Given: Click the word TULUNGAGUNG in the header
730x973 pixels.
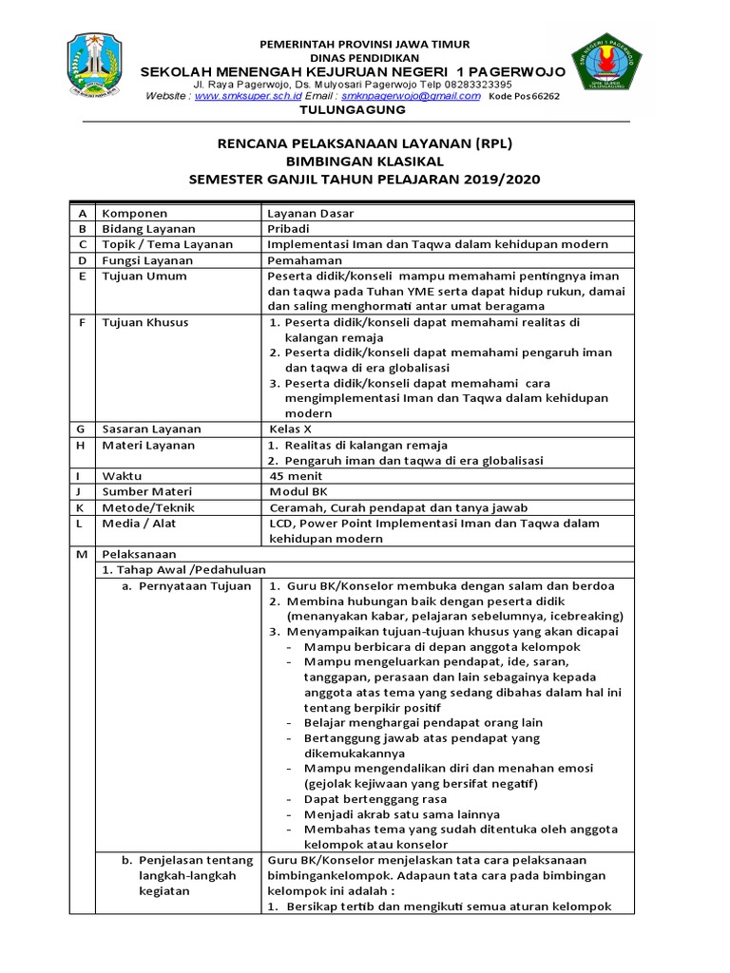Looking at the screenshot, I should (x=353, y=110).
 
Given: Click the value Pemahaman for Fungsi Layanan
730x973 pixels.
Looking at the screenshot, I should (x=306, y=259).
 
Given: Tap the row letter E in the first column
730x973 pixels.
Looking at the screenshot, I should (x=82, y=276).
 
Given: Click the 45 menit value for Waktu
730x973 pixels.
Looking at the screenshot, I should (x=297, y=475).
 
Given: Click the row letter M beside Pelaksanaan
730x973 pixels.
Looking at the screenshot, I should (x=82, y=554).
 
